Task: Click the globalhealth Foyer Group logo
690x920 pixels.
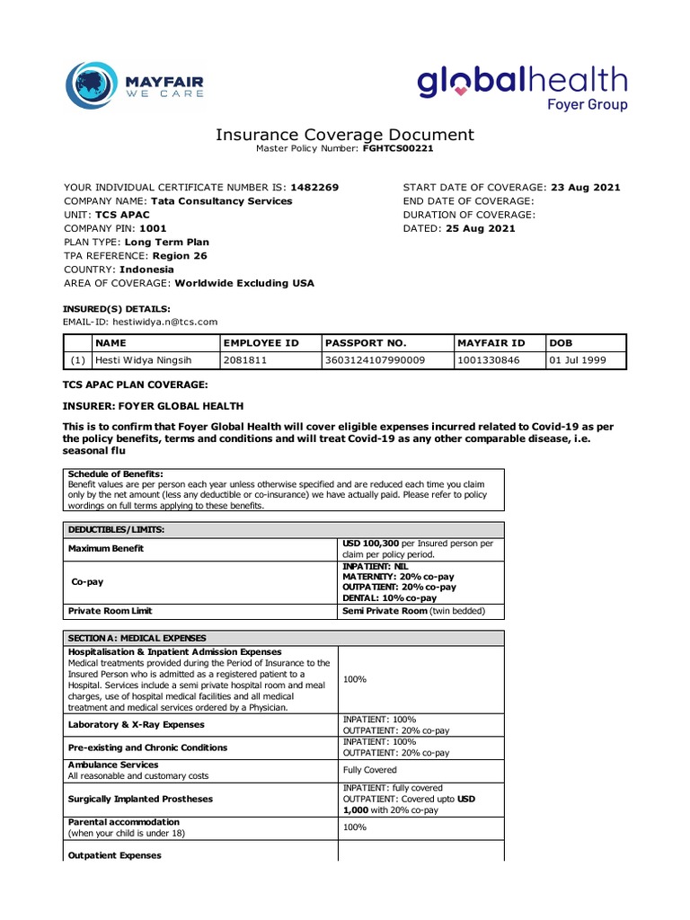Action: (x=522, y=88)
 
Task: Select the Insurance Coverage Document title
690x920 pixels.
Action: (x=344, y=135)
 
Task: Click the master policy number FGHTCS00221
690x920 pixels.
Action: (x=398, y=148)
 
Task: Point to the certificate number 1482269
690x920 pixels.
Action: (x=315, y=188)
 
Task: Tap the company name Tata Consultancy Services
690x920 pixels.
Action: (x=221, y=201)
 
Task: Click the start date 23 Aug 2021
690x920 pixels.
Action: (x=586, y=188)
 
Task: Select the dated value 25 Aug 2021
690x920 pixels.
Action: (x=480, y=228)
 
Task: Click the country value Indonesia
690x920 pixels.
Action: (x=146, y=270)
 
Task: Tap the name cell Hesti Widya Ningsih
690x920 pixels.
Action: (x=145, y=360)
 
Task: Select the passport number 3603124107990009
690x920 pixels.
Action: (x=376, y=360)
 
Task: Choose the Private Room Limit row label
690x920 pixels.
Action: (x=111, y=611)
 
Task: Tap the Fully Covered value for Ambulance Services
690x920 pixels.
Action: (x=369, y=770)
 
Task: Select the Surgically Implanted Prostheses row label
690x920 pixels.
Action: (x=141, y=798)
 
